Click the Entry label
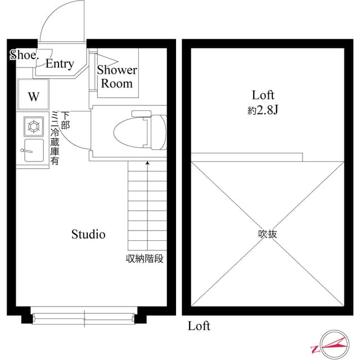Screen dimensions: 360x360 click(x=59, y=64)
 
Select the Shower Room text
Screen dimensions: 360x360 click(x=116, y=77)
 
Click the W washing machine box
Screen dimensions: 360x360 click(x=34, y=96)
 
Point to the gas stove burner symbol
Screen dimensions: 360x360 click(x=33, y=126)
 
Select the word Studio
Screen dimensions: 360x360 click(x=88, y=234)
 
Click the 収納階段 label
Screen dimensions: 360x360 click(x=144, y=259)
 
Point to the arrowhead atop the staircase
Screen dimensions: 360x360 click(x=147, y=163)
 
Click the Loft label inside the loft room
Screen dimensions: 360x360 click(x=263, y=94)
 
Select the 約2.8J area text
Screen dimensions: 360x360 click(x=263, y=111)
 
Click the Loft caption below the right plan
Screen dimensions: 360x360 click(x=199, y=326)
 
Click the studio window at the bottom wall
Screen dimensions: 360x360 click(x=83, y=315)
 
